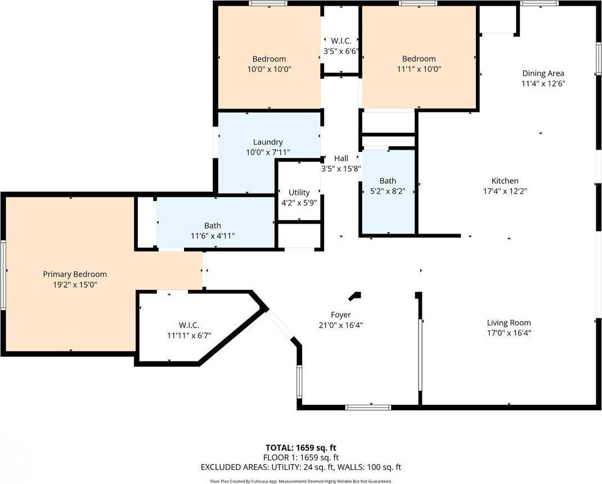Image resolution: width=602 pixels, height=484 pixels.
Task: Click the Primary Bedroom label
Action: tap(75, 274)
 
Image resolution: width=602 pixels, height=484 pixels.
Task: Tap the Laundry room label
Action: tap(268, 142)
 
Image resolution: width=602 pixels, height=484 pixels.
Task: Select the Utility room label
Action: tap(299, 192)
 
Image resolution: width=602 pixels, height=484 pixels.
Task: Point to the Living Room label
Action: tap(509, 323)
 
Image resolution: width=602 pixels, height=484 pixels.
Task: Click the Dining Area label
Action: tap(543, 73)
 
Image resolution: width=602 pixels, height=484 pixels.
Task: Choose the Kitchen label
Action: tap(505, 181)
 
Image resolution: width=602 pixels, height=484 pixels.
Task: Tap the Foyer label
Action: tap(340, 315)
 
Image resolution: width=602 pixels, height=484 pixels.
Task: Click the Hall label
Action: tap(341, 159)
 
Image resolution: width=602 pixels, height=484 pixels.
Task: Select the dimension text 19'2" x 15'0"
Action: tap(75, 285)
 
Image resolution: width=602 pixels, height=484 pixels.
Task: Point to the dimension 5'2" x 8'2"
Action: tap(387, 191)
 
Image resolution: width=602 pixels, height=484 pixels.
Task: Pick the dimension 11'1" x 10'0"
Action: tap(419, 69)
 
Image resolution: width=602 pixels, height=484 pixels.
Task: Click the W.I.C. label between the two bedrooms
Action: tap(341, 41)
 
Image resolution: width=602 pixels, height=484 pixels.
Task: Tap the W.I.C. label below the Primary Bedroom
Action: tap(189, 325)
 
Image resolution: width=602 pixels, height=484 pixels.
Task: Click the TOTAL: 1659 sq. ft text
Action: tap(300, 448)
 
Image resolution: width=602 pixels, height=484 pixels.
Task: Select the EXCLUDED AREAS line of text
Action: tap(300, 467)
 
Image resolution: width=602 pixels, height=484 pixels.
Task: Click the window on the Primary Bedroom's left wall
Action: tap(3, 275)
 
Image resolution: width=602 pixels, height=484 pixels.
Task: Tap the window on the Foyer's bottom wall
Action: tap(360, 407)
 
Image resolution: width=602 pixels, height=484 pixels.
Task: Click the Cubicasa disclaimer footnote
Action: tap(300, 481)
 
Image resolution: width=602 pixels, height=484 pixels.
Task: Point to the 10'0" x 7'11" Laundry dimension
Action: tap(268, 153)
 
